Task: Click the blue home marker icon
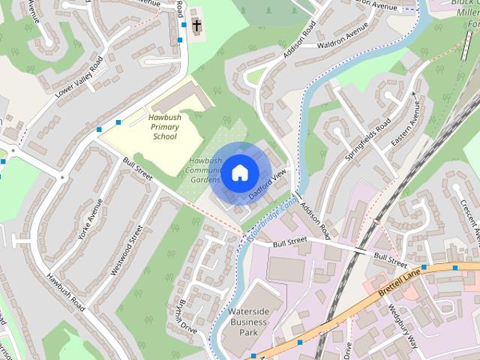(238, 173)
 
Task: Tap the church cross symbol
(196, 26)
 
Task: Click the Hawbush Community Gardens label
(205, 170)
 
